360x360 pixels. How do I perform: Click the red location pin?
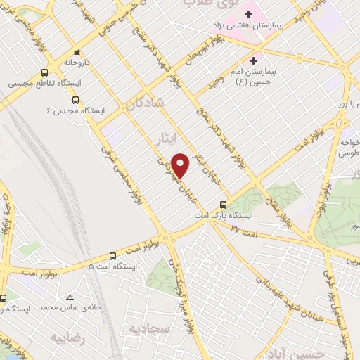[x=181, y=165]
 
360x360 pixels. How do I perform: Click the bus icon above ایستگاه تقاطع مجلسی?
[x=44, y=72]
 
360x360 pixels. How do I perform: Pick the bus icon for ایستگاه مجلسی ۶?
[x=75, y=100]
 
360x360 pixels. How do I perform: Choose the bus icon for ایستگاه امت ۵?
[x=113, y=256]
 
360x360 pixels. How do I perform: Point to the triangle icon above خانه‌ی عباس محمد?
[x=69, y=297]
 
